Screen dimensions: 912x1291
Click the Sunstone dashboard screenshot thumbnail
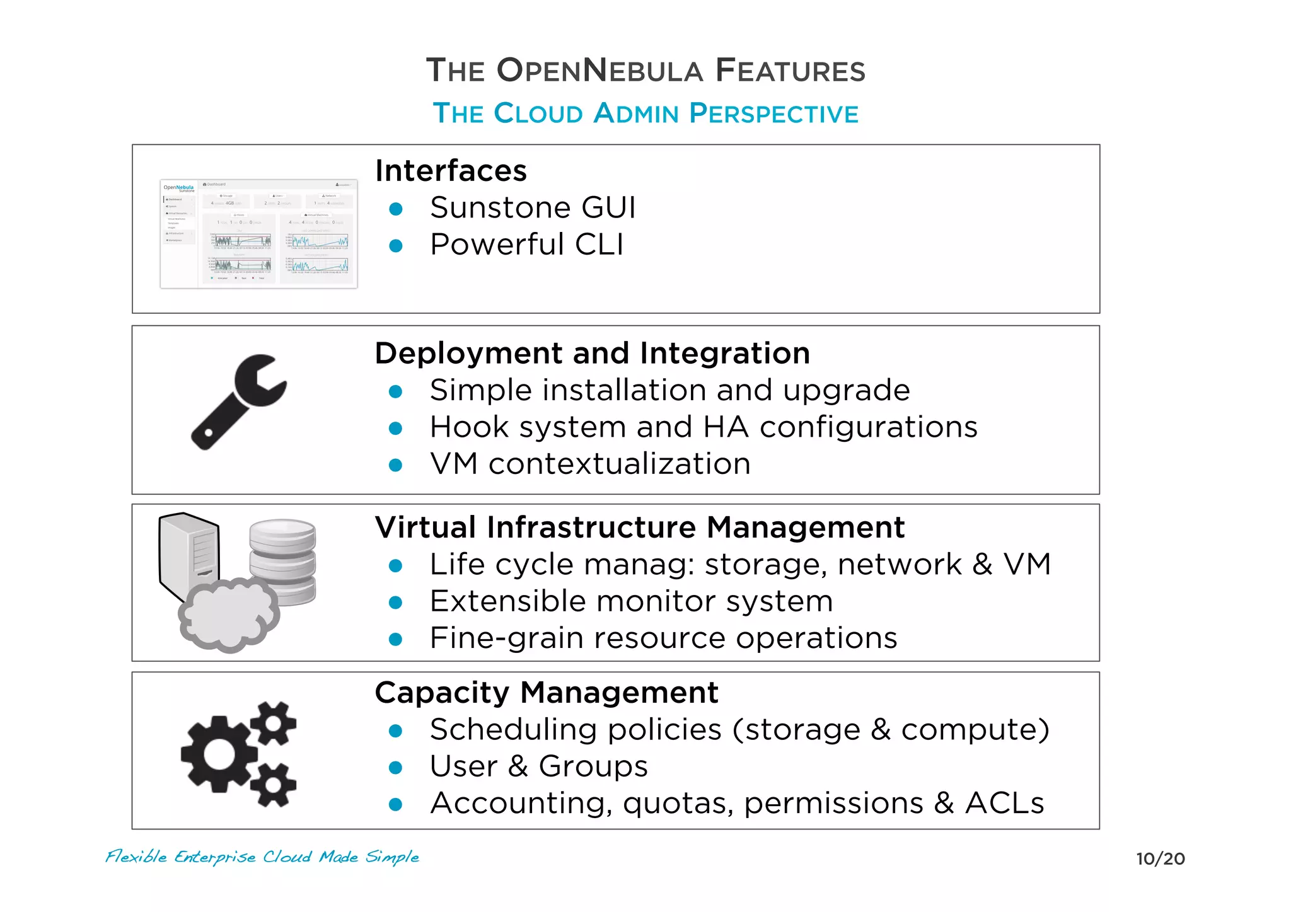258,233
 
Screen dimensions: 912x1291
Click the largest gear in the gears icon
218,754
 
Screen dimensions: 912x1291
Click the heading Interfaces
451,171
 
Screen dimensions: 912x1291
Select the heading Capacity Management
546,693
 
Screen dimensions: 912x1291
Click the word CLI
599,245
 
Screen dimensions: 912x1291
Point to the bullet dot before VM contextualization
396,465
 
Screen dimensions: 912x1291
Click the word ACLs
1004,804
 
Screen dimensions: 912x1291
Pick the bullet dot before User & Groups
396,767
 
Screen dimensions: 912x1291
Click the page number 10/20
1160,858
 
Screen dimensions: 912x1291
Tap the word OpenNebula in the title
599,71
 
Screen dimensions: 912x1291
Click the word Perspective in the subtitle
773,114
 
